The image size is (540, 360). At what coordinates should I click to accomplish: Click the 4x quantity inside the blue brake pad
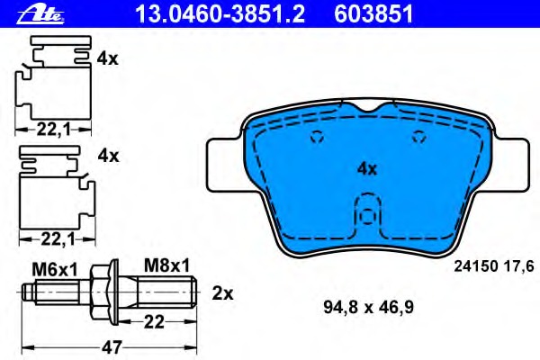365,168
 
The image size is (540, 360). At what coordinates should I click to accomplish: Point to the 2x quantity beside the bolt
222,293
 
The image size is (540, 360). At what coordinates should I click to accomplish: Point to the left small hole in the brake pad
316,138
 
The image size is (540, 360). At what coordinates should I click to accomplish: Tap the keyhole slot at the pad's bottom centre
365,216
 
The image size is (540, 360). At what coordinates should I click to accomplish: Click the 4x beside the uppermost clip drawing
107,58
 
